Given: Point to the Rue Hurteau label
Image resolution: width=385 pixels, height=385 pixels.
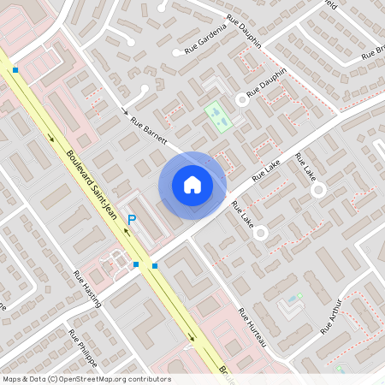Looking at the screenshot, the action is pos(252,327).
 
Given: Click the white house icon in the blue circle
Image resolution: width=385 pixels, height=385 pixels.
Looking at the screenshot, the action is pos(192,184).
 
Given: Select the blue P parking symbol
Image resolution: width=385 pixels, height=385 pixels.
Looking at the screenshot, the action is pos(132,221).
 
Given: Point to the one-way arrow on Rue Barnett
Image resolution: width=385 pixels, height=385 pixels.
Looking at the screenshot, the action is pos(125,111).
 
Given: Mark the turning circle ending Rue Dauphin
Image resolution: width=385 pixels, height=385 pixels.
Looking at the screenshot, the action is pos(242,100).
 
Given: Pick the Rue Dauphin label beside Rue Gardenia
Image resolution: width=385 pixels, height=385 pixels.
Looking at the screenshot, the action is pos(243,28).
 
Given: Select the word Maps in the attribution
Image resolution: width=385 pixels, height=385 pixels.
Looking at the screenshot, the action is pos(12,379).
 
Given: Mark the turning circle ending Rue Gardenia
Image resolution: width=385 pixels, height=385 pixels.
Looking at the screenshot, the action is pos(177,51).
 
